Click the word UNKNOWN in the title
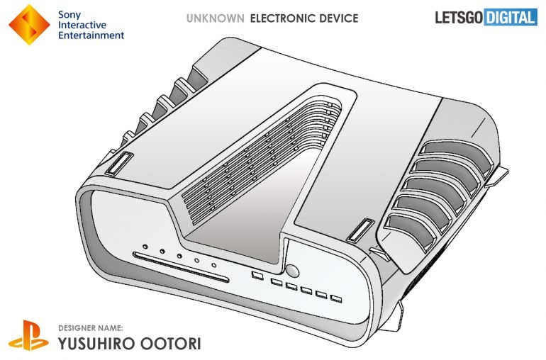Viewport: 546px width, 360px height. click(214, 18)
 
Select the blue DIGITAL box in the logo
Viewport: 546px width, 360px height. click(511, 18)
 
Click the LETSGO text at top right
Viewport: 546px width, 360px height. click(458, 18)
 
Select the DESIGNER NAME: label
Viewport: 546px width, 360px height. click(92, 328)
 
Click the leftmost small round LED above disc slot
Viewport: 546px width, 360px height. click(145, 248)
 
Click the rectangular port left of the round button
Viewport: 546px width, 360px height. click(257, 274)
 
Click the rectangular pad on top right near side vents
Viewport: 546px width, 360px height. click(360, 231)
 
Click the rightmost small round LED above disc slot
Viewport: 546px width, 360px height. click(213, 265)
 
